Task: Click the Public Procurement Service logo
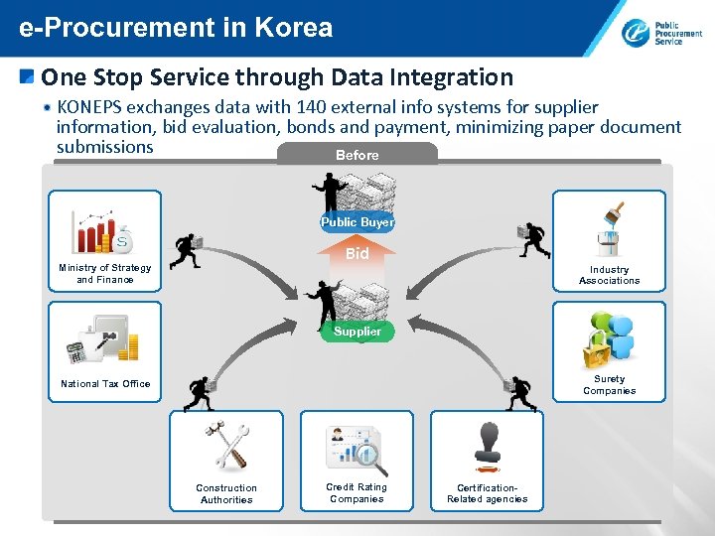[x=661, y=32]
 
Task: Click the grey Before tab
[x=357, y=155]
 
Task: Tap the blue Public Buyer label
[x=357, y=222]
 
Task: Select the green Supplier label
[x=357, y=331]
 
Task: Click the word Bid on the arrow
[x=357, y=254]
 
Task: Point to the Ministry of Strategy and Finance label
[x=104, y=274]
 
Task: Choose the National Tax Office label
[x=105, y=384]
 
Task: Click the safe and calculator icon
[x=103, y=340]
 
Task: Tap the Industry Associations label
[x=609, y=275]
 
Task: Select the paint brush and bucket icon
[x=609, y=229]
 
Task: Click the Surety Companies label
[x=609, y=385]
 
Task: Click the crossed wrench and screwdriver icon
[x=227, y=447]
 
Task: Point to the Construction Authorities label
[x=226, y=494]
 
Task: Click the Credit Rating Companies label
[x=357, y=493]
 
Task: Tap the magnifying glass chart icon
[x=357, y=450]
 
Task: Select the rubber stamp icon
[x=487, y=446]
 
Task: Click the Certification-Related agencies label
[x=487, y=494]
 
